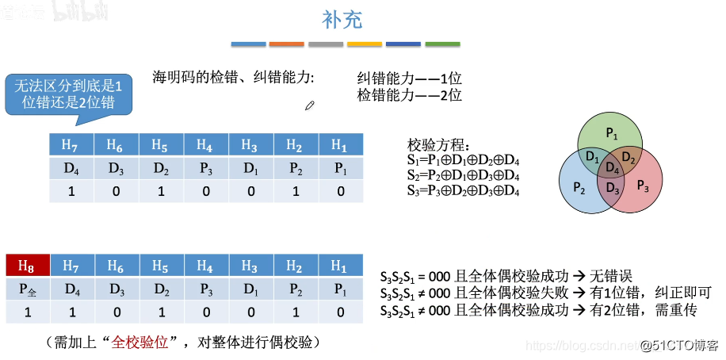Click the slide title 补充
tap(342, 19)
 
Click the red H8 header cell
tap(27, 265)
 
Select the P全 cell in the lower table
tap(27, 289)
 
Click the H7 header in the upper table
tap(71, 145)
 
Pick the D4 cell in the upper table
tap(71, 168)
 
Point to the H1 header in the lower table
tap(340, 265)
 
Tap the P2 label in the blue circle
tap(579, 187)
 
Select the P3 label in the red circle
tap(643, 187)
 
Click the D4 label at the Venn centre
tap(612, 167)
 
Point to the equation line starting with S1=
tap(463, 160)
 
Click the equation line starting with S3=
tap(463, 190)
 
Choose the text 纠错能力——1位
tap(409, 79)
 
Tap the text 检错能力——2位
tap(409, 95)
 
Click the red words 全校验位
tap(140, 343)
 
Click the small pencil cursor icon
tap(310, 105)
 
